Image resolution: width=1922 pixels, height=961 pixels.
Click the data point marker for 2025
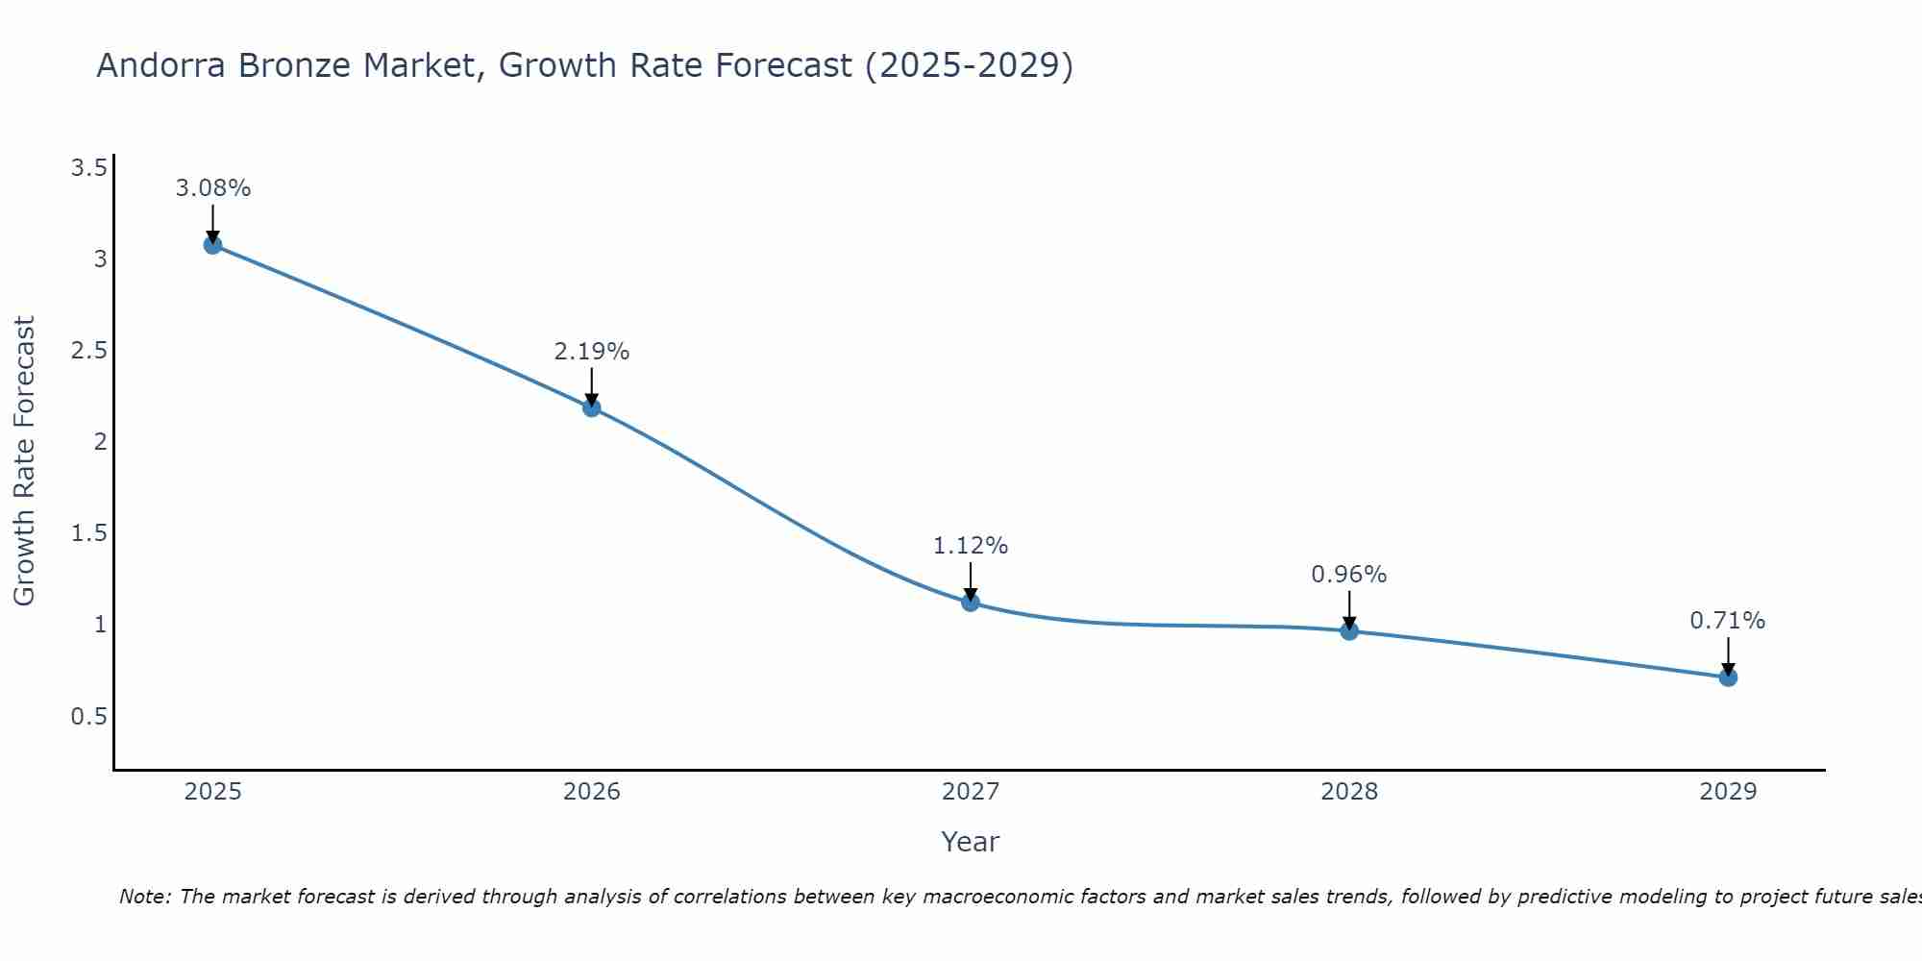(212, 245)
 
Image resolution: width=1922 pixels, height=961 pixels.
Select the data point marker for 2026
(592, 407)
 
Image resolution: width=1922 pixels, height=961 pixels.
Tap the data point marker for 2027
(971, 603)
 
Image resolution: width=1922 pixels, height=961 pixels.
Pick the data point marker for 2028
(1349, 631)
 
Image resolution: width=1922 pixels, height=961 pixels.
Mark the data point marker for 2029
(1728, 678)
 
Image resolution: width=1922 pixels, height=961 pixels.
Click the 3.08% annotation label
(212, 188)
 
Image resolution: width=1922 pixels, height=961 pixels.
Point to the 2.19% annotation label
(592, 352)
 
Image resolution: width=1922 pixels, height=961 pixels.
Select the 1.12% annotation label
(971, 546)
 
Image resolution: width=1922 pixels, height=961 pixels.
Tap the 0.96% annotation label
(1349, 575)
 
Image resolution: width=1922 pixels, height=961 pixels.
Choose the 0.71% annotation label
(1728, 621)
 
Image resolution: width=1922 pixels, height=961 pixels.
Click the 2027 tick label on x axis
(971, 792)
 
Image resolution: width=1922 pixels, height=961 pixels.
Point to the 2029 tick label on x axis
(1728, 792)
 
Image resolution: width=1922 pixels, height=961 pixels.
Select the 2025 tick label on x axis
(212, 792)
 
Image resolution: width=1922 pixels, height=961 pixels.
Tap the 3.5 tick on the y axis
(88, 169)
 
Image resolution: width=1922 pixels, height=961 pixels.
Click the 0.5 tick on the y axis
(88, 717)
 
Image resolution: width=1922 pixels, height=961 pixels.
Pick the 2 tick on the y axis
(99, 442)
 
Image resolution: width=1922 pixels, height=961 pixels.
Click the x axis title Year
(971, 842)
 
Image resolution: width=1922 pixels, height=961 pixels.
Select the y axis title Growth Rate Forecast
(24, 461)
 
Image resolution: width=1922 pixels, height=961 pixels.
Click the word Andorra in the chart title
(161, 65)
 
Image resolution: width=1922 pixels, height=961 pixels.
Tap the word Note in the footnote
(144, 897)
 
